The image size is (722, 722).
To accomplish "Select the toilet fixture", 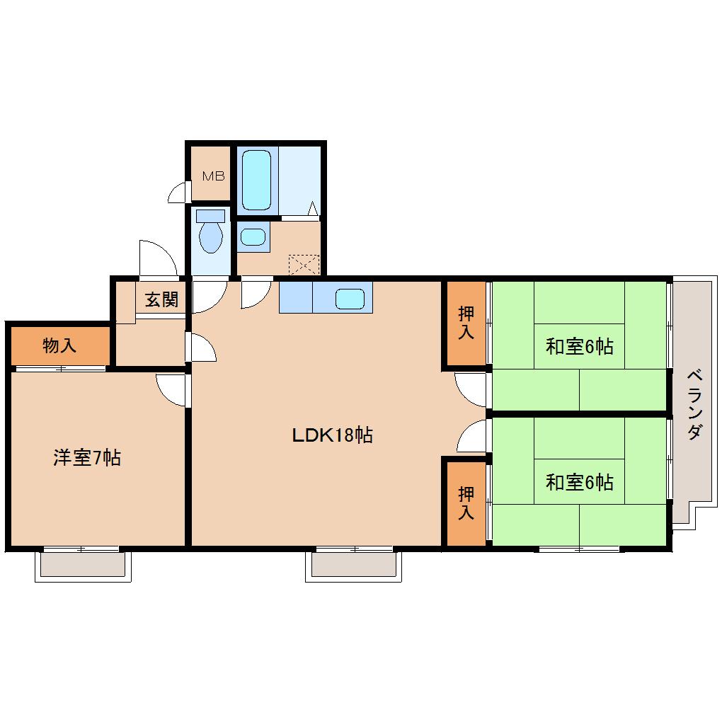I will point(211,234).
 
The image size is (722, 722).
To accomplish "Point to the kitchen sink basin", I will point(350,299).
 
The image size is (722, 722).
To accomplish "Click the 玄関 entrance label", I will point(162,299).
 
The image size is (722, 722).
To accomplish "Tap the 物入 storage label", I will point(59,346).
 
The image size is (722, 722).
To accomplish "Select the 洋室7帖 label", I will point(86,458).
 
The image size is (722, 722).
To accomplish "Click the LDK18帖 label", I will point(333,435).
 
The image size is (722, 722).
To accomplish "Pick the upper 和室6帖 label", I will point(579,347).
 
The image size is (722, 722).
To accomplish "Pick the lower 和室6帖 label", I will point(579,483).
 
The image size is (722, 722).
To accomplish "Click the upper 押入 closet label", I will point(465,323).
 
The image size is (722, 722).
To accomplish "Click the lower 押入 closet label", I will point(465,503).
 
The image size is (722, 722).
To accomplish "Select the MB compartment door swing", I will point(177,192).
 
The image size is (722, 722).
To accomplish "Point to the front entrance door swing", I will point(157,258).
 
